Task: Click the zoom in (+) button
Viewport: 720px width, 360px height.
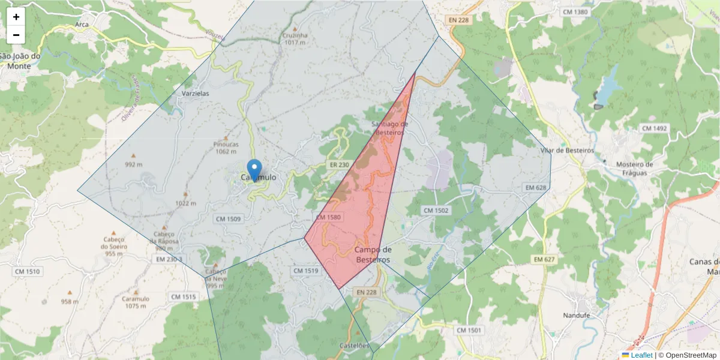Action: (16, 17)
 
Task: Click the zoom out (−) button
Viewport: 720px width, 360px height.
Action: (16, 35)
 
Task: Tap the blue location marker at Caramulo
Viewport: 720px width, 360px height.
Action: (255, 170)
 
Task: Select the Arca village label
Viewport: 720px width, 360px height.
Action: (82, 25)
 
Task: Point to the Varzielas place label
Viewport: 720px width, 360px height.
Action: (195, 94)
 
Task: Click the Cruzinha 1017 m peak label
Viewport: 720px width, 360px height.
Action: (296, 38)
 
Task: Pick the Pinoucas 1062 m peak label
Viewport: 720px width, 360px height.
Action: (226, 148)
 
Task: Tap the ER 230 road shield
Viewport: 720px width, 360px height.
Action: (339, 164)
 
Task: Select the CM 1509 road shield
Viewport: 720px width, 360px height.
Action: (228, 219)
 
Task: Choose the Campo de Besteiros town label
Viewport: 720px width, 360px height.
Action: (373, 254)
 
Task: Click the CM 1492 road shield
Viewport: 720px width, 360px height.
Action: (654, 128)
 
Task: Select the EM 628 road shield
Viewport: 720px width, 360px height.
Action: (536, 188)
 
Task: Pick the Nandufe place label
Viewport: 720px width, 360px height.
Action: (578, 316)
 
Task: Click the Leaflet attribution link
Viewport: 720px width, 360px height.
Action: (641, 355)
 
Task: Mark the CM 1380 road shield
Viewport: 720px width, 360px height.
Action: (575, 12)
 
